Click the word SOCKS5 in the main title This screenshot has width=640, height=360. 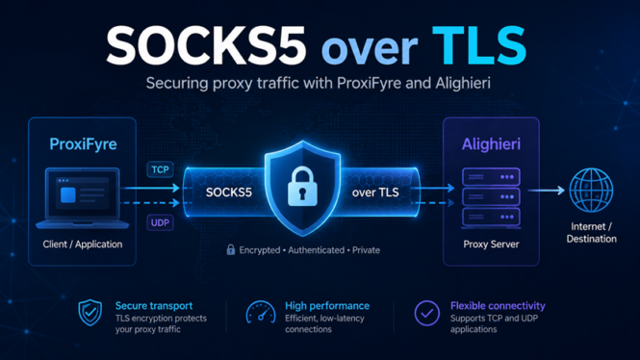coord(206,45)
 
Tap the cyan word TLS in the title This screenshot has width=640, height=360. coord(479,45)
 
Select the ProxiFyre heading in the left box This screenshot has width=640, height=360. coord(83,144)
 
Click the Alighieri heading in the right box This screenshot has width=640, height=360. coord(491,144)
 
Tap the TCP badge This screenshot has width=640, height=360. coord(160,169)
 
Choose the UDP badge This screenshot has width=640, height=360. coord(160,223)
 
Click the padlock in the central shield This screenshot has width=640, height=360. coord(302,186)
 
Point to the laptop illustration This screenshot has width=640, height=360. coord(83,198)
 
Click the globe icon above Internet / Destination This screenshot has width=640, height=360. coord(591,191)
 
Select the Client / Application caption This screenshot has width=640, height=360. coord(83,244)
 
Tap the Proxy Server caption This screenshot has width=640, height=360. coord(491,244)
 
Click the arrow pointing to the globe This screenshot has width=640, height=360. coord(546,190)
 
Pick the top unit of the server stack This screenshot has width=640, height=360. coord(491,177)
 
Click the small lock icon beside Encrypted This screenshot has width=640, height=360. coord(231,249)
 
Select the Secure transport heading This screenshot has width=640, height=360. coord(154,306)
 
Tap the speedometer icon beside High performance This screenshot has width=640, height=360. coord(261,313)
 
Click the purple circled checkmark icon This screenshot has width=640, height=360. coord(427,313)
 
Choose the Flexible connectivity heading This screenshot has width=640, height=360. coord(498,306)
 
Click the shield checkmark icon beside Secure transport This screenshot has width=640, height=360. coord(90,312)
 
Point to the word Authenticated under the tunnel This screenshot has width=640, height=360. coord(317,250)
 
